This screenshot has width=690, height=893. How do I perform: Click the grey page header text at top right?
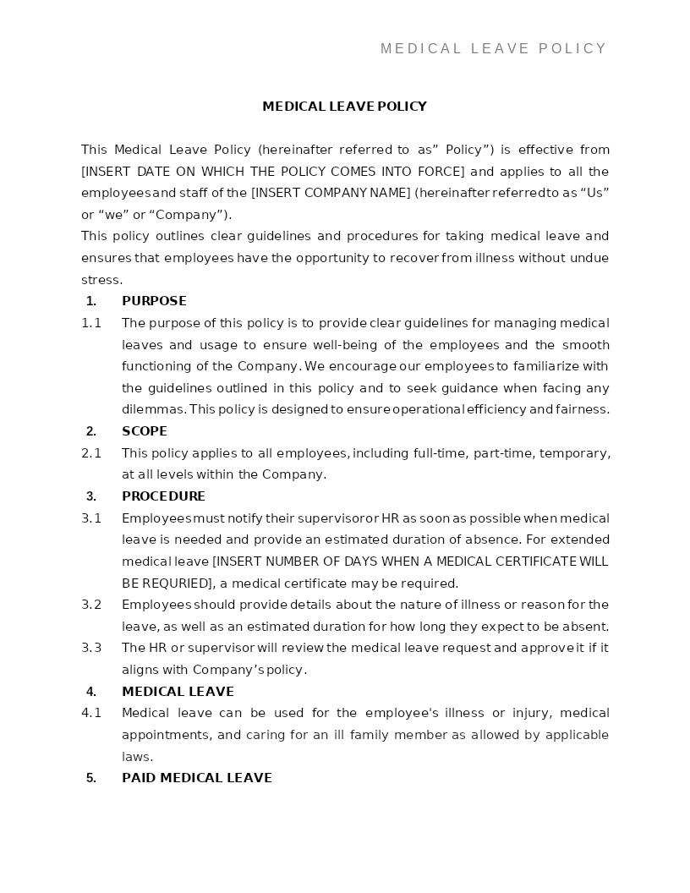point(493,49)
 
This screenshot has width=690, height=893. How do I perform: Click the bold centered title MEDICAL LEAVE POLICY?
point(344,107)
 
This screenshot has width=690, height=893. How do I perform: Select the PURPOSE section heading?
point(154,301)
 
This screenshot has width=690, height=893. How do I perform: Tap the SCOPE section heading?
point(145,431)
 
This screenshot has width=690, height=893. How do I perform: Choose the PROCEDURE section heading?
point(163,496)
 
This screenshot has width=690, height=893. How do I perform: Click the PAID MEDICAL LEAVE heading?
point(196,778)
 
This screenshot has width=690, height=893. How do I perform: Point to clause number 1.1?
point(91,323)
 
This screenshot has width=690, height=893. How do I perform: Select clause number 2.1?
point(91,453)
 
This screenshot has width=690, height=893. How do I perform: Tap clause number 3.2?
point(91,605)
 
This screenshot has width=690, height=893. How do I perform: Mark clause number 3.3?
point(91,648)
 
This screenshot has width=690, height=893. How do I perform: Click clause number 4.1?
point(91,713)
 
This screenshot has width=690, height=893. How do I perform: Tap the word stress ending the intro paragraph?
point(101,280)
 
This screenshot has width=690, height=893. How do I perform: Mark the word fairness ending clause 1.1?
point(581,409)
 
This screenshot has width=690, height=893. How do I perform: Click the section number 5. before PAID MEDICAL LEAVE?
point(91,778)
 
